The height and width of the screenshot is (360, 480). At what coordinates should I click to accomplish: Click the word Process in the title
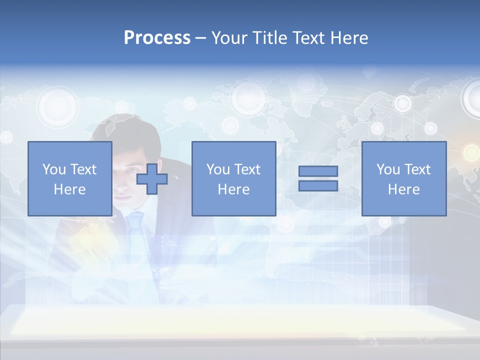pos(157,38)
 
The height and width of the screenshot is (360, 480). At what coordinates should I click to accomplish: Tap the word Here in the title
pos(349,38)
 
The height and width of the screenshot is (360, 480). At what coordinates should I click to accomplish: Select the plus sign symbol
pos(152,179)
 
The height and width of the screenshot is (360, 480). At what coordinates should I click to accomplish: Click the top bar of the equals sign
pos(318,171)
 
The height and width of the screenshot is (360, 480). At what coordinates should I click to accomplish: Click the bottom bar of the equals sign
pos(318,185)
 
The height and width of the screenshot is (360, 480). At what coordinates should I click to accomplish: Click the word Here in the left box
pos(69,189)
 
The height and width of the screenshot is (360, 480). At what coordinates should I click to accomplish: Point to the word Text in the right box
pos(417,169)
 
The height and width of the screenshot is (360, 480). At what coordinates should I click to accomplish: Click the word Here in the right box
pos(403,189)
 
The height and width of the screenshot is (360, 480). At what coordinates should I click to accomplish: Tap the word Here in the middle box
pos(233,189)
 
